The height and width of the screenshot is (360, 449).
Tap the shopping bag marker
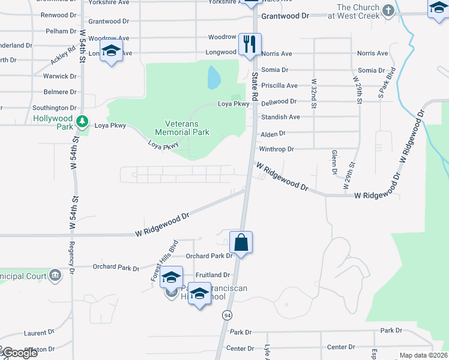click(x=241, y=242)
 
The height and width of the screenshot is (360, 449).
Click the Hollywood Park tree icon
click(x=83, y=122)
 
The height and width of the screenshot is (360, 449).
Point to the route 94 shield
click(x=227, y=315)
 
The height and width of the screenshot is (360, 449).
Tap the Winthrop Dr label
click(x=276, y=149)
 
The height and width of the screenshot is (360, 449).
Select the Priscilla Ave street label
click(x=279, y=86)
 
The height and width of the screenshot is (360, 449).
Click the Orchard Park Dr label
click(x=209, y=256)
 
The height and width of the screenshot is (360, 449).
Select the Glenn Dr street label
click(x=334, y=163)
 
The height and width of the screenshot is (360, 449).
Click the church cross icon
click(x=388, y=10)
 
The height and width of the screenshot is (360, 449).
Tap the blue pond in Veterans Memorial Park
click(x=213, y=77)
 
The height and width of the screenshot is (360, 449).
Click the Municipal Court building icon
click(x=55, y=275)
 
